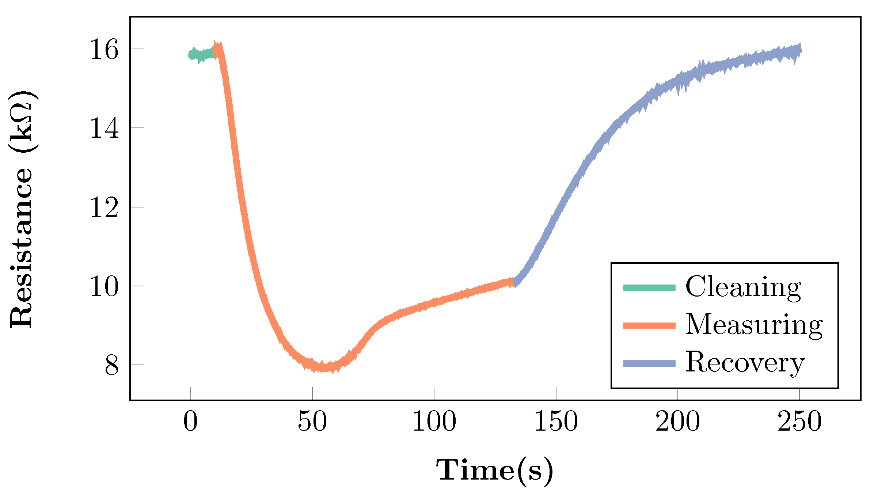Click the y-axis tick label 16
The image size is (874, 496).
[x=104, y=50]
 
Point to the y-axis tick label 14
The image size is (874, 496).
[x=104, y=129]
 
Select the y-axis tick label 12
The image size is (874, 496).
[x=104, y=208]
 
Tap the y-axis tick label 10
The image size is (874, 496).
[x=104, y=287]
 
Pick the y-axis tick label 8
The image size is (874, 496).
[x=112, y=366]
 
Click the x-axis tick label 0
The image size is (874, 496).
[x=190, y=422]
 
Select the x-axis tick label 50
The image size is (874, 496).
[x=312, y=422]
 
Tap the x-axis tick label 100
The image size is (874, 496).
[x=434, y=422]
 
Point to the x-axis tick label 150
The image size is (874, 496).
[x=556, y=422]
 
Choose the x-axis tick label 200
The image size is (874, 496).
[x=677, y=422]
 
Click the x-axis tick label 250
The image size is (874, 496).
[x=799, y=422]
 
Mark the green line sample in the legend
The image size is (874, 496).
[x=649, y=288]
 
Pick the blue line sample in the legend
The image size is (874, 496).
[x=649, y=363]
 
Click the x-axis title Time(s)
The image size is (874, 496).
[x=495, y=471]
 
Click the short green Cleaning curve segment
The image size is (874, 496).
[x=201, y=55]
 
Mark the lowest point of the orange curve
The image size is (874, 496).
[x=323, y=367]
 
